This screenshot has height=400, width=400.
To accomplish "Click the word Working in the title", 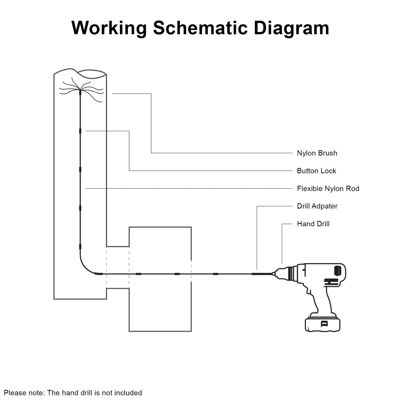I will (x=109, y=28).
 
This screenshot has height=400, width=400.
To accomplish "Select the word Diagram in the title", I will (x=291, y=28).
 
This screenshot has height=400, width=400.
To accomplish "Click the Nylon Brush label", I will (x=317, y=153).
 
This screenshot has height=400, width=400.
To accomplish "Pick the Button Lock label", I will (x=316, y=171).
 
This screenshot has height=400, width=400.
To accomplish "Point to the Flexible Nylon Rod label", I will (x=328, y=188).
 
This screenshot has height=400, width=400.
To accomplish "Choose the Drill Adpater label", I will (x=317, y=206).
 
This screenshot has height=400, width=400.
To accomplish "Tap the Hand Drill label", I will (x=313, y=224).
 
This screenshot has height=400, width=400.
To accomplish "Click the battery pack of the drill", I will (x=323, y=324).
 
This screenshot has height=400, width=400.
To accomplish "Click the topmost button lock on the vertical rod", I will (x=80, y=131).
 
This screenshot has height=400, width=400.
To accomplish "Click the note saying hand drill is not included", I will (x=73, y=393).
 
